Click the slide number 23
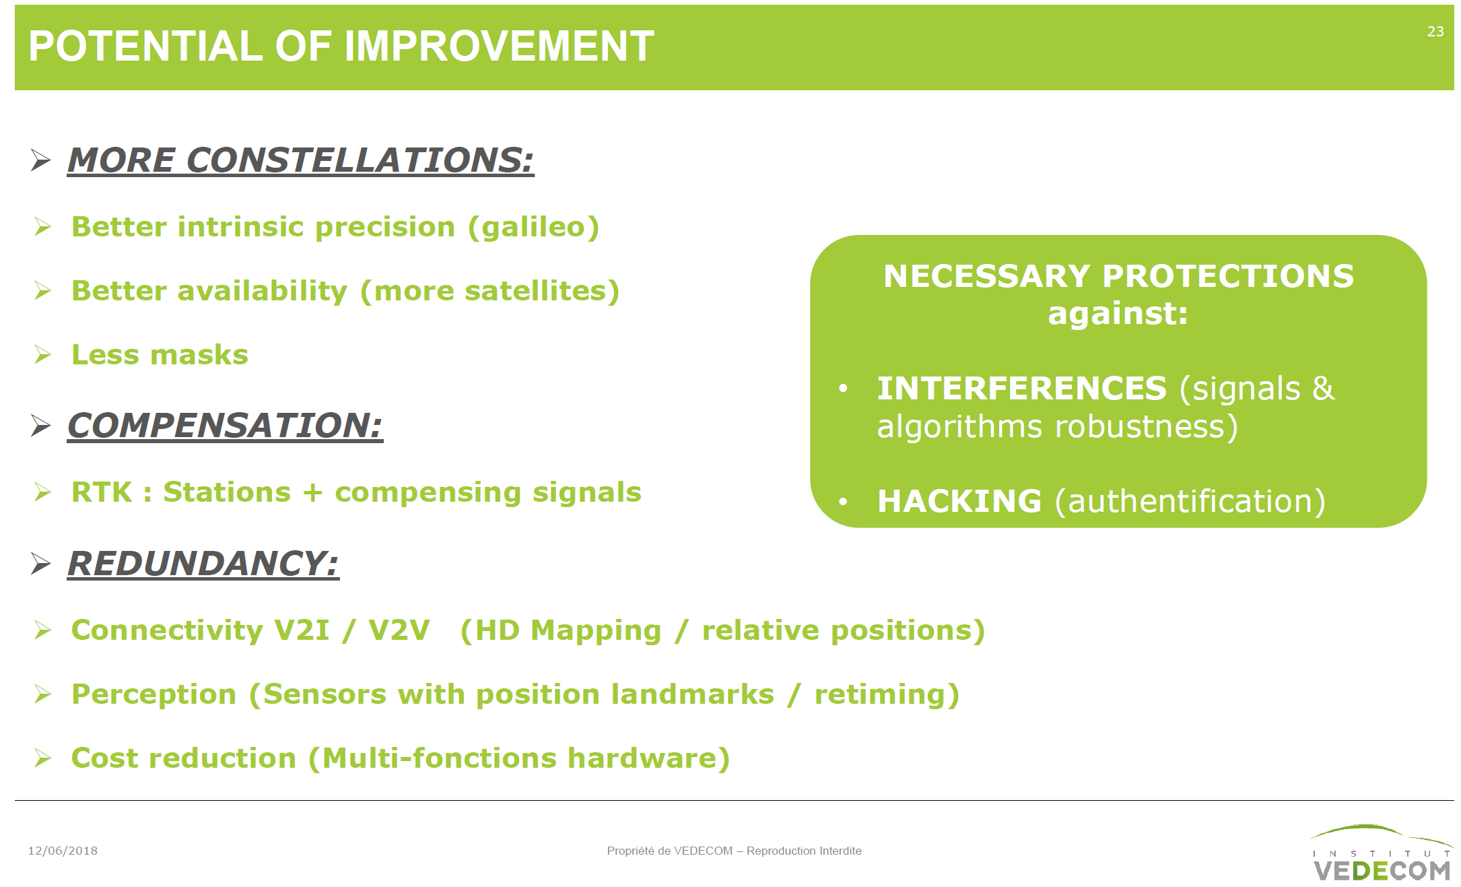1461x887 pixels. [1435, 32]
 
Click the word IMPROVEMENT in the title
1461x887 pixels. [499, 46]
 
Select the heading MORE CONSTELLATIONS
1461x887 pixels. [300, 160]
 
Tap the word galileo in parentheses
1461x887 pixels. [533, 227]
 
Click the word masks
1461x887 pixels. [200, 355]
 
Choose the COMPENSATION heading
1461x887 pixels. [225, 426]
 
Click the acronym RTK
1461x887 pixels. [102, 492]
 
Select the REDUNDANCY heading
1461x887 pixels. [203, 564]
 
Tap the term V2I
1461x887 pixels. [302, 630]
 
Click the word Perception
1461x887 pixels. [154, 694]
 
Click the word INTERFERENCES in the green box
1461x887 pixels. [1021, 389]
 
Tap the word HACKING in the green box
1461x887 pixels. [959, 501]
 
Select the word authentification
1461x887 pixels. [1190, 501]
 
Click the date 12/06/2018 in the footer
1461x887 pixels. [63, 851]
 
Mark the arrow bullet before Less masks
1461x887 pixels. [42, 355]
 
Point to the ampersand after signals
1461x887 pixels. [1323, 389]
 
